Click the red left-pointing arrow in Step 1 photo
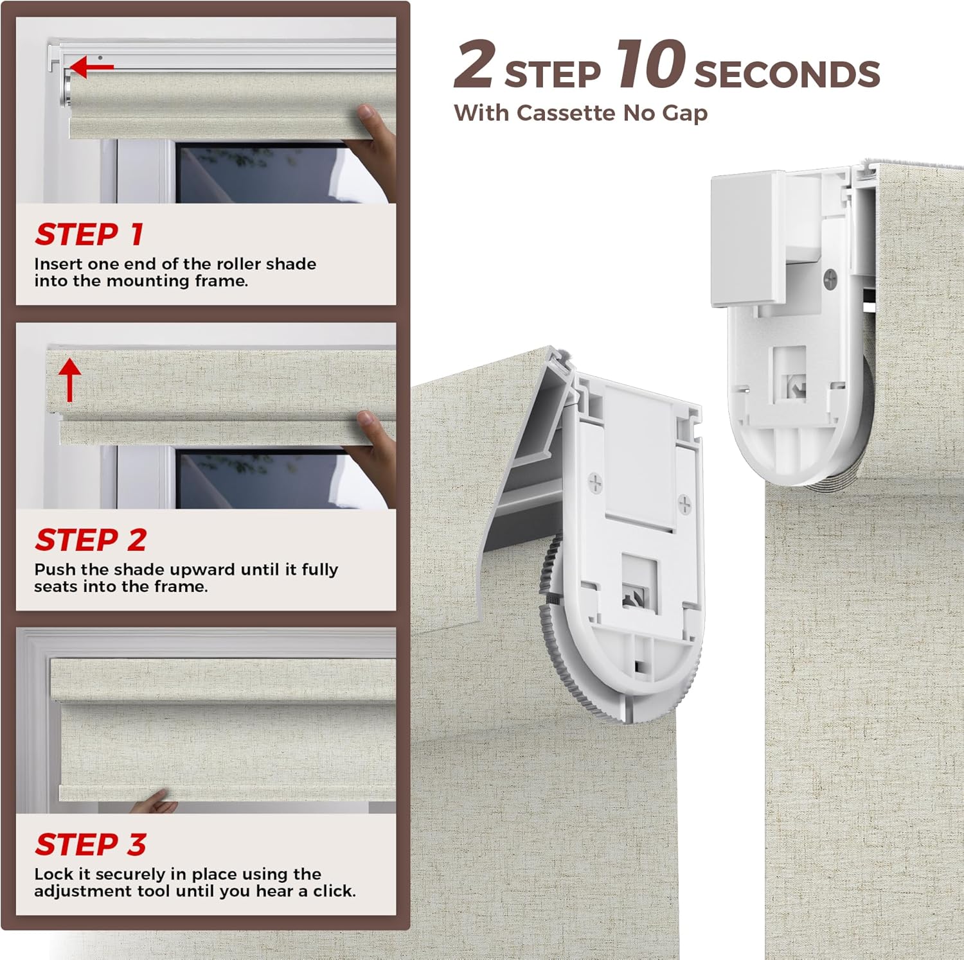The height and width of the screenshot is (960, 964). (91, 66)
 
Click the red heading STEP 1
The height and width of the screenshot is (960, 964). (89, 234)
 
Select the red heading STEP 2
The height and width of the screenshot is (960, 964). (91, 540)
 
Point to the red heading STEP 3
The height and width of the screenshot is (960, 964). (91, 844)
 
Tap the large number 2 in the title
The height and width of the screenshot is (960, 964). (474, 65)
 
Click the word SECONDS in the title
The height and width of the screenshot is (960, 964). (787, 74)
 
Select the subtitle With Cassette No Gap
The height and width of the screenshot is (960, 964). (580, 113)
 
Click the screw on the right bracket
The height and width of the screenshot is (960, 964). (830, 278)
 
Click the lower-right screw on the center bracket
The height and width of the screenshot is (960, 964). (684, 504)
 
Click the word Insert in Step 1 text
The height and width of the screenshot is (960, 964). (58, 264)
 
